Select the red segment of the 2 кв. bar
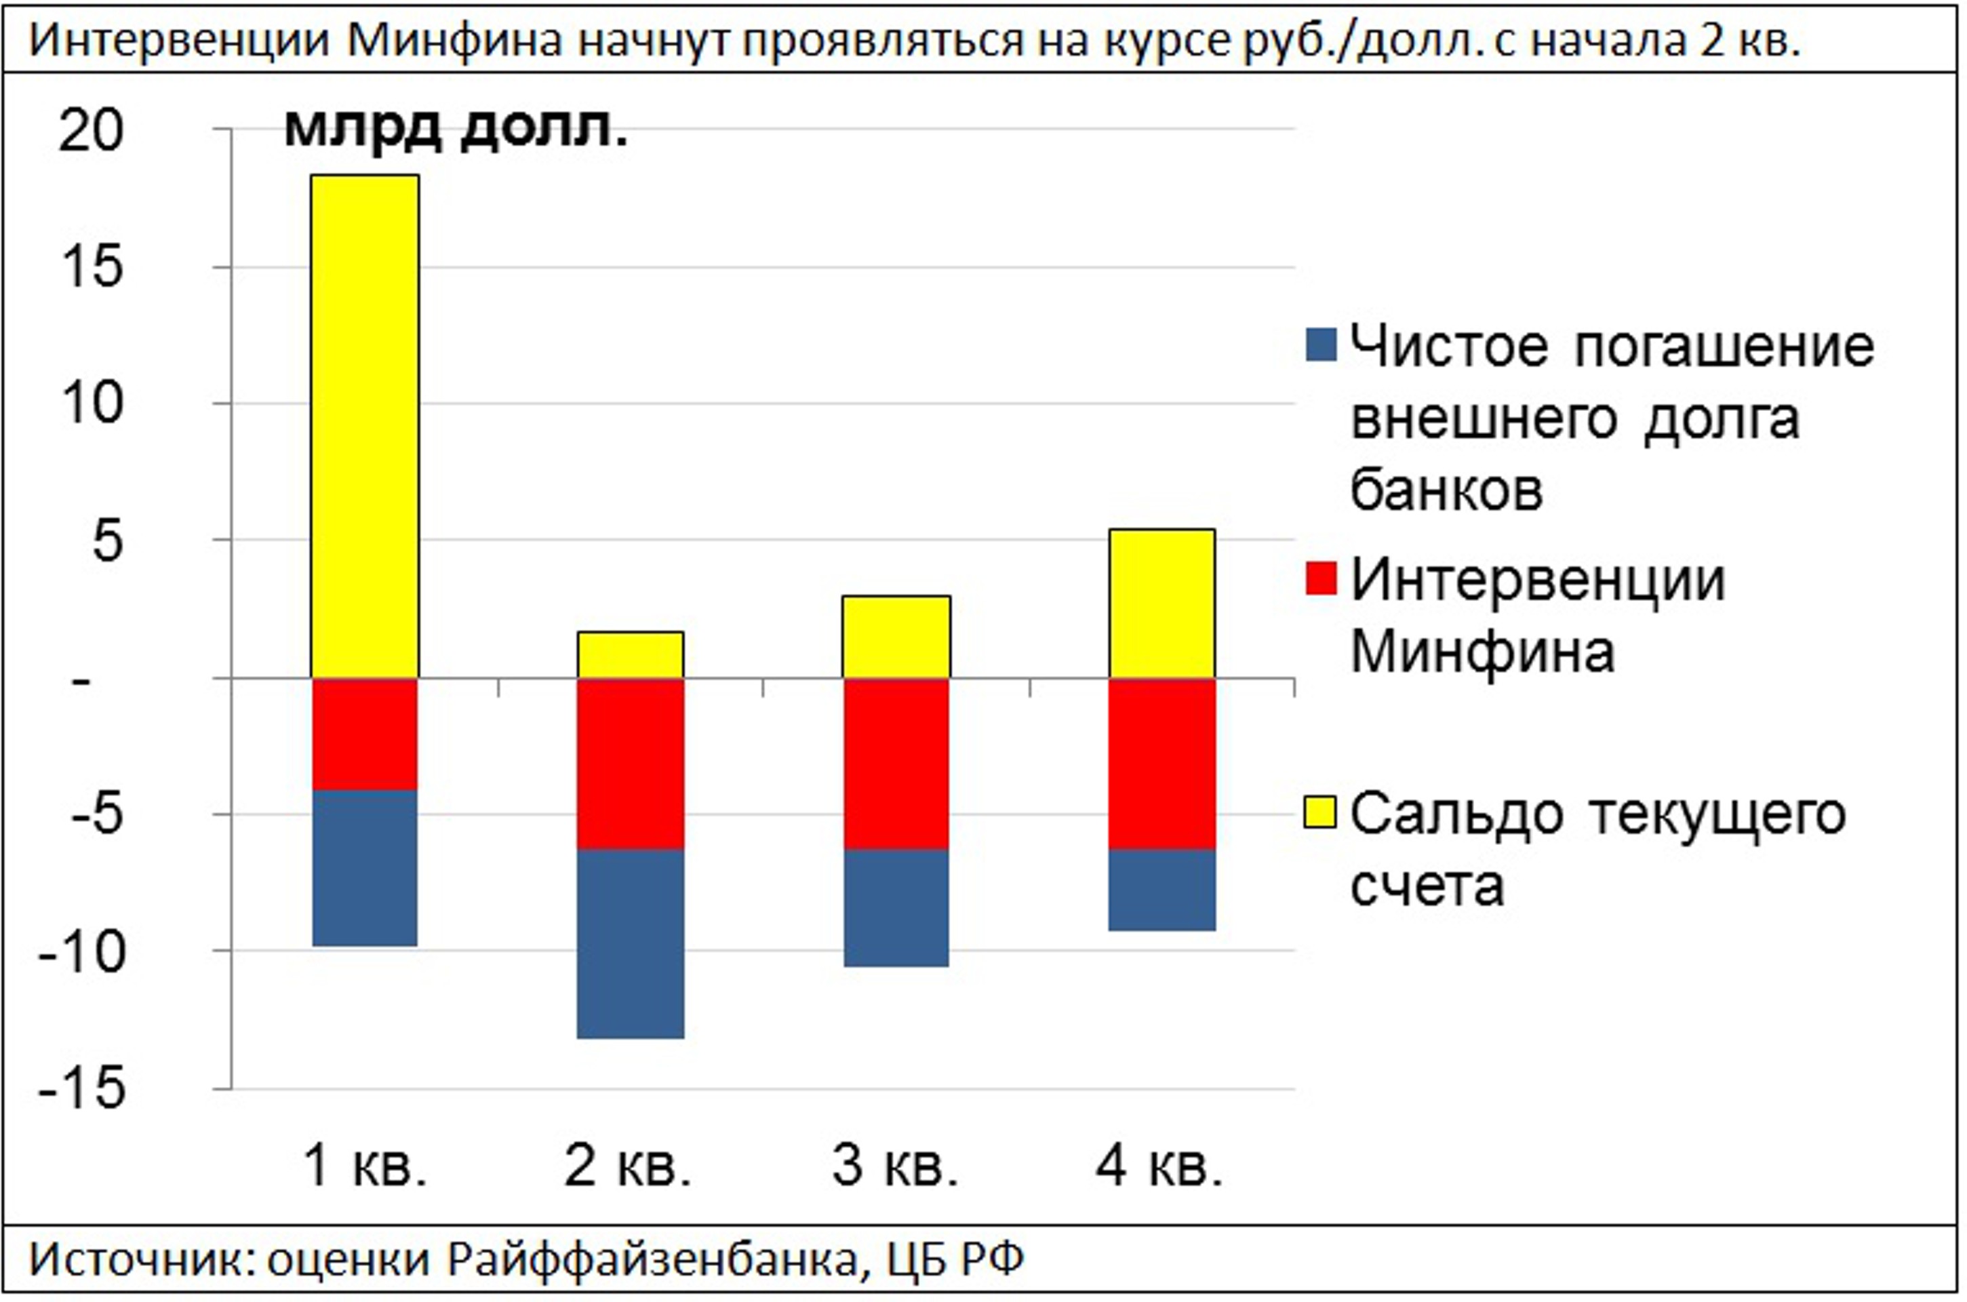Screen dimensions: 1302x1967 630,764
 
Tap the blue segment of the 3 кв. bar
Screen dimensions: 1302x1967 896,907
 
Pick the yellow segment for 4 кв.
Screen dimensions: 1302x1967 1161,604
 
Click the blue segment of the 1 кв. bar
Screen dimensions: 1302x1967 365,868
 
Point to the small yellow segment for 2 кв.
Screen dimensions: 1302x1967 630,655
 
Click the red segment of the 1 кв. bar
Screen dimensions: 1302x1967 365,734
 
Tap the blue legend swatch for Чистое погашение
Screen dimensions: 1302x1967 1321,345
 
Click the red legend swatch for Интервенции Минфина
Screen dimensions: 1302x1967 1321,578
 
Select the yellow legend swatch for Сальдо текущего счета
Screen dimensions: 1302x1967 1321,812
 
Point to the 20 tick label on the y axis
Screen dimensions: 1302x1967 92,131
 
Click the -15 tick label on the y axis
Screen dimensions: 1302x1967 81,1088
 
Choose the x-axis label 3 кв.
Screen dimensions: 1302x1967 894,1166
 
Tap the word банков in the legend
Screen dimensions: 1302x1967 1446,490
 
